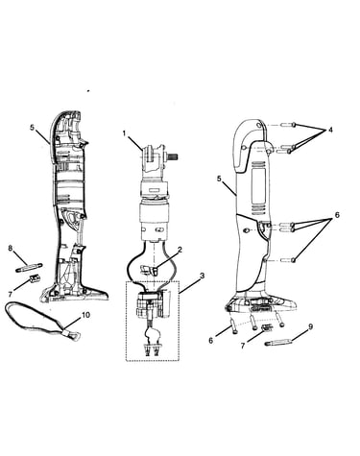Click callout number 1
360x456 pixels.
pos(125,133)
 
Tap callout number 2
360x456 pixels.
pos(180,250)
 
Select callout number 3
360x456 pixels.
pos(202,276)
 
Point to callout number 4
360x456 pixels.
pos(330,130)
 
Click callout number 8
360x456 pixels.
pos(11,248)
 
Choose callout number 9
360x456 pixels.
pos(310,327)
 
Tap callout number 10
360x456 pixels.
pos(85,315)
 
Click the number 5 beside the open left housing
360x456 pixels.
pos(32,128)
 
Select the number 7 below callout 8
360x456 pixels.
pos(10,294)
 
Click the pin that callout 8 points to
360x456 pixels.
pos(29,267)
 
